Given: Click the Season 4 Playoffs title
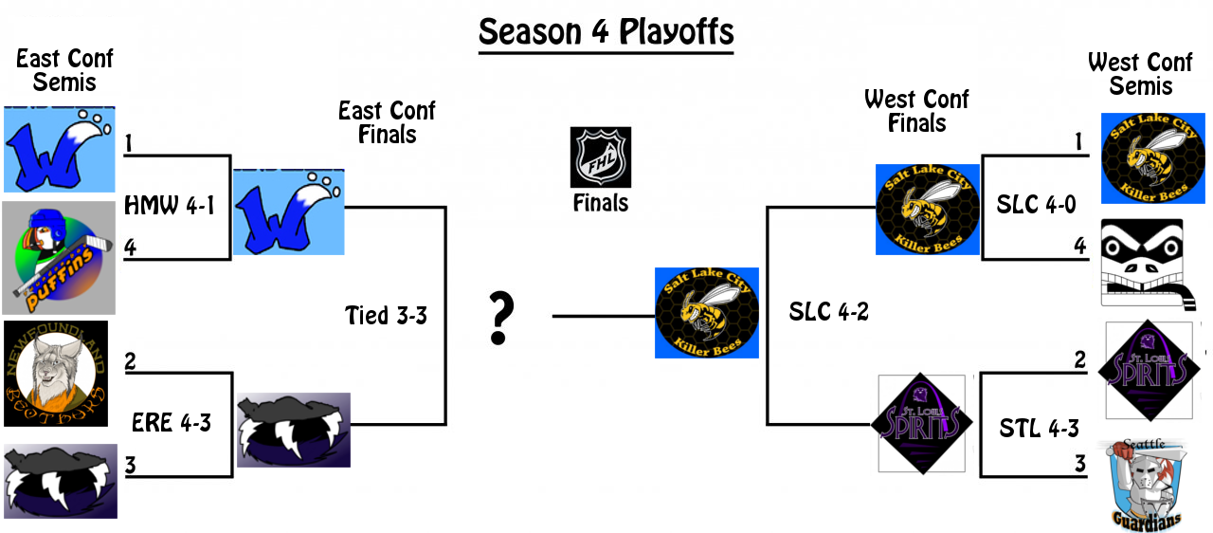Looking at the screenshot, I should [606, 31].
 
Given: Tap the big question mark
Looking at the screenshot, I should [500, 319].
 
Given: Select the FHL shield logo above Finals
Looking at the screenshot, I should [600, 157].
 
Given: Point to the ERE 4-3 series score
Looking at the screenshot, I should [172, 422].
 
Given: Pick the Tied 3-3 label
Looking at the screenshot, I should [386, 315].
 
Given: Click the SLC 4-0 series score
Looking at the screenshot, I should [1037, 204].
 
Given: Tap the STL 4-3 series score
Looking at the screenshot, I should [1039, 429].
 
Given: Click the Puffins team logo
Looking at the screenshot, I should [59, 257].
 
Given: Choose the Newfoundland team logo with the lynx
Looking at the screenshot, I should [56, 374].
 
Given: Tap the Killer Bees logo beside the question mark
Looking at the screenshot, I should [706, 312].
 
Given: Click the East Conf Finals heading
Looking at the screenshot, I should [387, 122].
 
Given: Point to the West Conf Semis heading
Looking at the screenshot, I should [1140, 74].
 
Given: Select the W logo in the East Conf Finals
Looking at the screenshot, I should [288, 212].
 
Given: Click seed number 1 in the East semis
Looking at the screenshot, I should [128, 143].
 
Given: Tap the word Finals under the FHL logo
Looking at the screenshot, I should [601, 202].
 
